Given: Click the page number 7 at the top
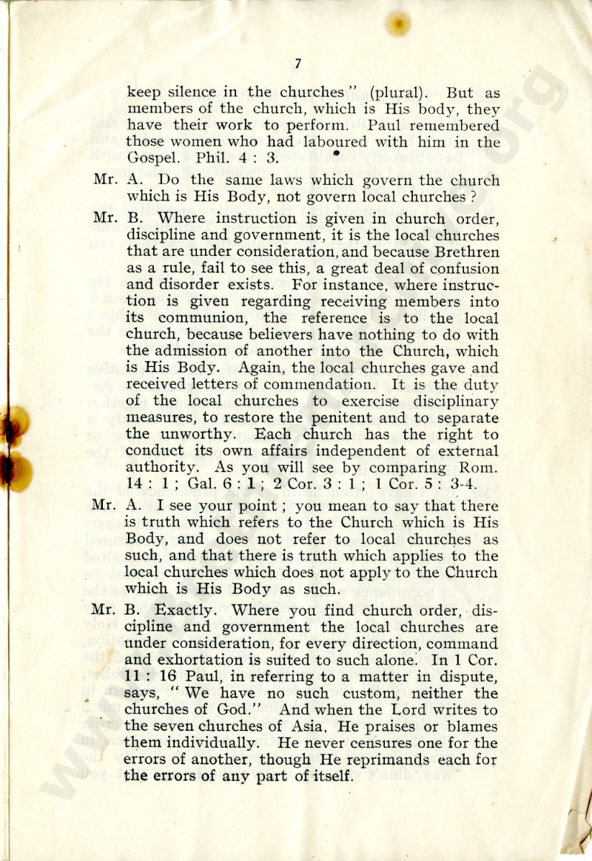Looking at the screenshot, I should pyautogui.click(x=297, y=64).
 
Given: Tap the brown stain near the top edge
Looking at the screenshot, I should pyautogui.click(x=398, y=24).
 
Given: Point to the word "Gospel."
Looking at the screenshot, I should pyautogui.click(x=149, y=159).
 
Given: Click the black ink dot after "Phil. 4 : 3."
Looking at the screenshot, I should pyautogui.click(x=336, y=152).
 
